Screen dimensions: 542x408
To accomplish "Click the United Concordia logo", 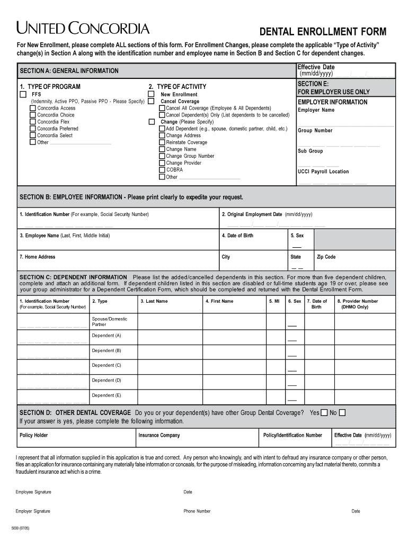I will tap(83, 28).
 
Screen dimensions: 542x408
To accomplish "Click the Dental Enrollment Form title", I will tap(322, 32).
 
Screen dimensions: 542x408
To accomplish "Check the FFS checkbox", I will tap(23, 94).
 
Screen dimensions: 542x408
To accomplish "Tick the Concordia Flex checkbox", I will tap(33, 122).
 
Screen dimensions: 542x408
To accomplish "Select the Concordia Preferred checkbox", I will tap(33, 129).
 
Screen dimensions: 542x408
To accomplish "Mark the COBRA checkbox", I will tap(162, 170).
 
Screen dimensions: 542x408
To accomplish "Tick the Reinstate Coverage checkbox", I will tap(162, 142).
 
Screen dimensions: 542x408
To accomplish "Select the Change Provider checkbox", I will tap(162, 163).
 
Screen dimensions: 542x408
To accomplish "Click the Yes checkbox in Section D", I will tap(324, 413).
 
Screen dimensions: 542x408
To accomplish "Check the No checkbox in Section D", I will tap(342, 413).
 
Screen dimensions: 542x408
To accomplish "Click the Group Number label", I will tap(315, 131).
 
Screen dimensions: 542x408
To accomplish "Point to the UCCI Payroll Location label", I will tap(323, 171).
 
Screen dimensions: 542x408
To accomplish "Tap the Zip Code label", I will tap(326, 257).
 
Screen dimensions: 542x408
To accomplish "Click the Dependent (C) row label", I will tap(106, 365).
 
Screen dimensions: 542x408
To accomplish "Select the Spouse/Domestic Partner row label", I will tap(109, 322).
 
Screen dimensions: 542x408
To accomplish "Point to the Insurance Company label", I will tap(159, 436).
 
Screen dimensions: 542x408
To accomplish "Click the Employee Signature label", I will tap(33, 492).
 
